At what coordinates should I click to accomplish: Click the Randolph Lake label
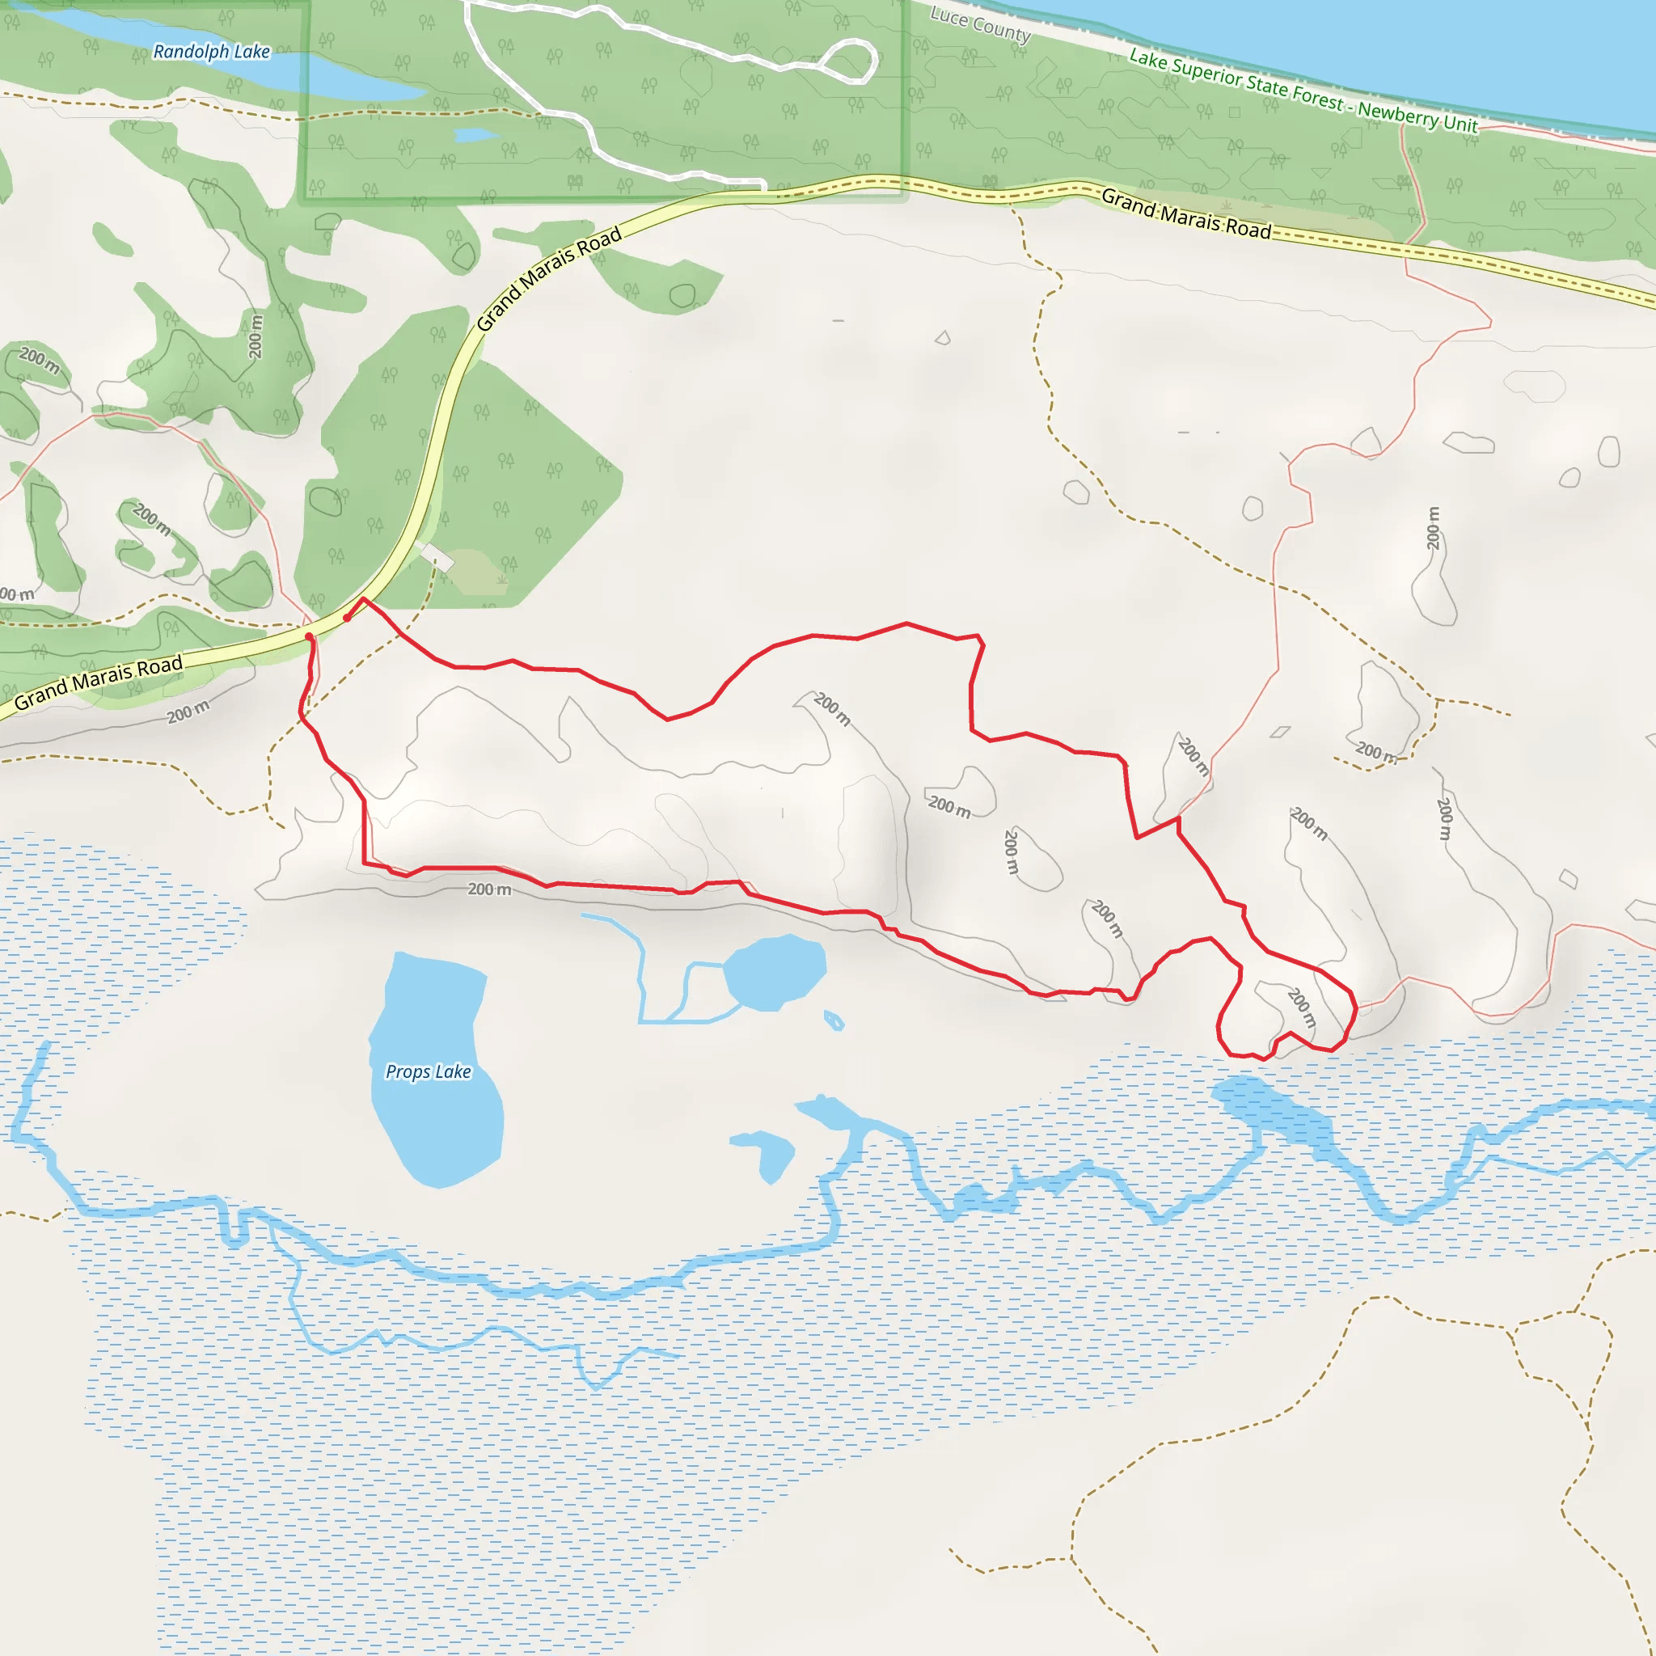[x=212, y=53]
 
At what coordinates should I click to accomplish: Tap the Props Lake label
[x=428, y=1071]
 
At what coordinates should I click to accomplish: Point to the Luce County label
[x=981, y=25]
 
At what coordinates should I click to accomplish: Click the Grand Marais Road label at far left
[x=99, y=682]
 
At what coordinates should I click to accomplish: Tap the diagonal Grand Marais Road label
[x=548, y=279]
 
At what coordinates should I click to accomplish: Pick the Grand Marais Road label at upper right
[x=1185, y=213]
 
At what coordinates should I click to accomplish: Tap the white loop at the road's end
[x=848, y=62]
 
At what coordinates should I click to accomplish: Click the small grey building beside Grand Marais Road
[x=437, y=556]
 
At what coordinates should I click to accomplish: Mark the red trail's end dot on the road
[x=310, y=637]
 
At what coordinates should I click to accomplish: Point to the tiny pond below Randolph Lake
[x=474, y=135]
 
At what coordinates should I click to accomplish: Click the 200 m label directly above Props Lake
[x=489, y=889]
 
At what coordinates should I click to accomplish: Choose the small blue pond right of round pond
[x=833, y=1020]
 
